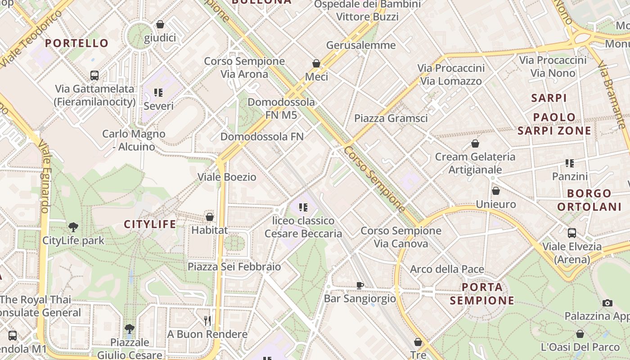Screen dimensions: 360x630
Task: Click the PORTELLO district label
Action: tap(76, 43)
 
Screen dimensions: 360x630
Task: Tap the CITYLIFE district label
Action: tap(150, 224)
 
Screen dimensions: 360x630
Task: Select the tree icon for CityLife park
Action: tap(73, 227)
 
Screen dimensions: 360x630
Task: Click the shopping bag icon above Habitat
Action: tap(209, 217)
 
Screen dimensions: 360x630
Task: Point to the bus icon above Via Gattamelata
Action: tap(94, 76)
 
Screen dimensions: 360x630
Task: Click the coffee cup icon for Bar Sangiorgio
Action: tap(360, 285)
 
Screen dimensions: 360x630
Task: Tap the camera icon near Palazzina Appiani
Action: tap(607, 303)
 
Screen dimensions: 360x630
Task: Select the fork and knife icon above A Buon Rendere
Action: tap(207, 321)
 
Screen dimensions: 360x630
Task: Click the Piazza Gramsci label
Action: tap(391, 118)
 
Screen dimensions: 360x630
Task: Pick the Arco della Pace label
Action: tap(447, 269)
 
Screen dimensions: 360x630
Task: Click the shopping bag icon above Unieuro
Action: tap(495, 191)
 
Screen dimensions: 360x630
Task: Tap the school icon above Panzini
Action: tap(570, 163)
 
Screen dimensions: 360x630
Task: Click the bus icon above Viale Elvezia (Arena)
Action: tap(571, 233)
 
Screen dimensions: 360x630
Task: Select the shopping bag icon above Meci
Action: tap(316, 63)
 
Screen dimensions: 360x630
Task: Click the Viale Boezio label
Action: tap(227, 177)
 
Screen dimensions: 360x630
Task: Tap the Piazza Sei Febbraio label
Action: tap(234, 266)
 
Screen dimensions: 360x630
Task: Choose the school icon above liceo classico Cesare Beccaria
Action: tap(303, 207)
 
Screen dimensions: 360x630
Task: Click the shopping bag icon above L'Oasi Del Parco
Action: tap(580, 334)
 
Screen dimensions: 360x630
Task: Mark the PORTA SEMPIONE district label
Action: tap(482, 293)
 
